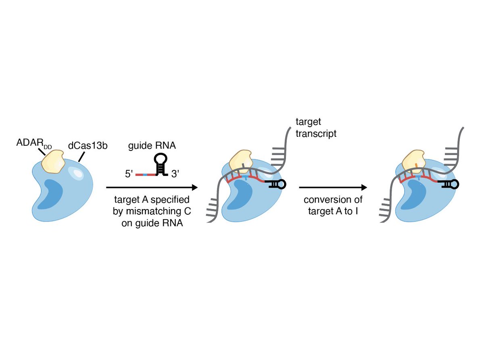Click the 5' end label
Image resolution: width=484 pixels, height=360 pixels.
129,175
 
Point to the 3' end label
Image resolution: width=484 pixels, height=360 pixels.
176,175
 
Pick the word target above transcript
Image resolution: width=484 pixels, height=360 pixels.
308,121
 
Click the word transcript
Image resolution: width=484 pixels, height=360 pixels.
316,134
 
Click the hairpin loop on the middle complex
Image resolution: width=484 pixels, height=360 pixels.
281,184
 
